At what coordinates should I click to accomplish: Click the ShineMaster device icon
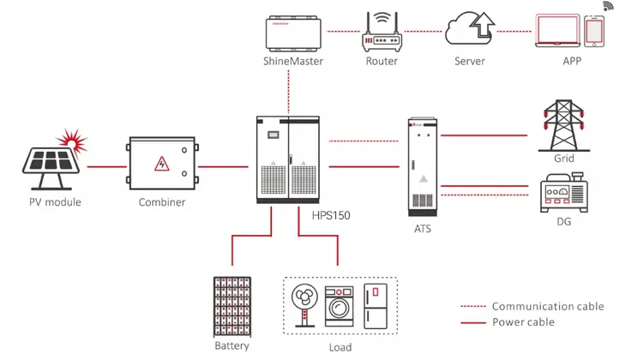click(293, 33)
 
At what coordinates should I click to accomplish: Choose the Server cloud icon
click(469, 30)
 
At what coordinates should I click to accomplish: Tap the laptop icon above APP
click(558, 32)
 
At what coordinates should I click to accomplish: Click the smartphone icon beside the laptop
click(595, 32)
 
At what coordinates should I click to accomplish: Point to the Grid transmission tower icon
click(563, 125)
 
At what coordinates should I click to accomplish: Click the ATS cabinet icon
click(421, 165)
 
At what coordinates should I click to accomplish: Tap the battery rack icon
click(232, 306)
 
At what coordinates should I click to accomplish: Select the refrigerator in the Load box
click(375, 304)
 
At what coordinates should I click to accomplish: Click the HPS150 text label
click(330, 216)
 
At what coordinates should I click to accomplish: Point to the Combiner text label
click(161, 202)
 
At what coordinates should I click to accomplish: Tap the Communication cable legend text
click(547, 306)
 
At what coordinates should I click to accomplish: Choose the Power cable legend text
click(523, 322)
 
